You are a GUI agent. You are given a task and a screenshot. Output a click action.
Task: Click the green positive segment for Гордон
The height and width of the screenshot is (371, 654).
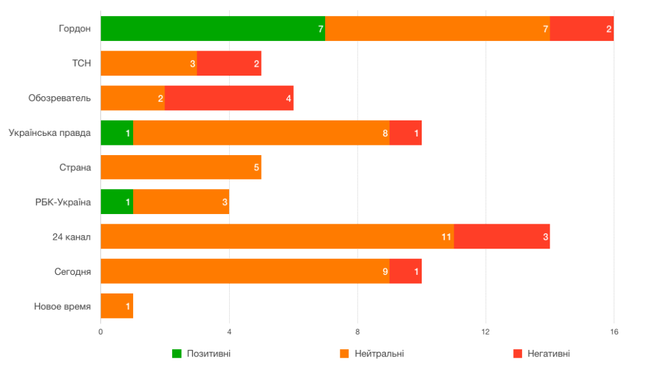212,29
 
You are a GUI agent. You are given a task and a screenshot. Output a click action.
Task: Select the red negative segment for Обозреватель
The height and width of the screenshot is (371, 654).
228,98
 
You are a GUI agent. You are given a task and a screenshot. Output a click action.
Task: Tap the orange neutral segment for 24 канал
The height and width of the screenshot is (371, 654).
277,236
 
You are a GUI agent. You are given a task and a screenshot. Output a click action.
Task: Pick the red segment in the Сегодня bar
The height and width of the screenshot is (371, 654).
405,271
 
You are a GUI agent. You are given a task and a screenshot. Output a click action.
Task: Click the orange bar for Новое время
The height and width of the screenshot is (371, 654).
116,306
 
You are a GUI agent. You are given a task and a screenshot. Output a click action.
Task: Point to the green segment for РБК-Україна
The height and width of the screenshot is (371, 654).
116,202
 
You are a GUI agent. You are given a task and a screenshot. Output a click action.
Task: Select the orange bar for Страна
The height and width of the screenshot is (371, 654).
180,167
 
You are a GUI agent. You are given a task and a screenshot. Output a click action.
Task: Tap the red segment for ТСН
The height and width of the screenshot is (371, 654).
228,63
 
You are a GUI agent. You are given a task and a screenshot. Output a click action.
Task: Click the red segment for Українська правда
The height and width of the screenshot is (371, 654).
405,133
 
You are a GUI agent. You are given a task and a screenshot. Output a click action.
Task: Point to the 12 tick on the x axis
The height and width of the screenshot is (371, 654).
486,332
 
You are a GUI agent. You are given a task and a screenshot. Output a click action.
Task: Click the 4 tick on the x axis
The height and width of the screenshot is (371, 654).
229,332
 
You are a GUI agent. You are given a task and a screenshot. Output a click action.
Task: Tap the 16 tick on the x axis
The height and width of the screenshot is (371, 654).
614,332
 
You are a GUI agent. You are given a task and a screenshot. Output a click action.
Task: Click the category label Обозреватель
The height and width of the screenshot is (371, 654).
60,98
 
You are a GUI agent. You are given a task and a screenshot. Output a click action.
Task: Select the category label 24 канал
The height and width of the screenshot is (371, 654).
72,236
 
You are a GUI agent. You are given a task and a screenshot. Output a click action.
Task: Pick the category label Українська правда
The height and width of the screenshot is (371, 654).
50,133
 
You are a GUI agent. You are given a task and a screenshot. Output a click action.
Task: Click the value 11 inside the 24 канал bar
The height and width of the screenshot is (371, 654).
447,237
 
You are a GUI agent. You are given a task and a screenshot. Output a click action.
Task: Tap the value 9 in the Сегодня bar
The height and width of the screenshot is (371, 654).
385,272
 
